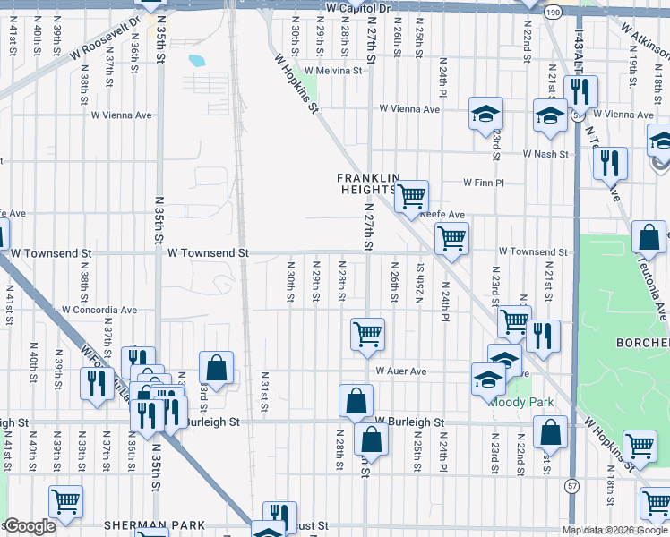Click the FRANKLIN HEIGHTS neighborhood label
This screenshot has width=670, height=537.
coord(366,183)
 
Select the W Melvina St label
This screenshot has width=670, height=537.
coord(332,70)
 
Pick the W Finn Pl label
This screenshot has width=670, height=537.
coord(484,183)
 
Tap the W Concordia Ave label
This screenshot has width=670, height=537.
coord(99,311)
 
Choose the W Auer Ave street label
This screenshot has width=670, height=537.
coord(401,371)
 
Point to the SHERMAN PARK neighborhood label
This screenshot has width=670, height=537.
coord(154,525)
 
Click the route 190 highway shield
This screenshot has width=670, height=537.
coord(553,12)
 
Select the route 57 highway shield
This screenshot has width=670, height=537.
coord(571,484)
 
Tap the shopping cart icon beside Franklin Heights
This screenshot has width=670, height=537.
coord(411,196)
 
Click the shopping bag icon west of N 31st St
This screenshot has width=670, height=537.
coord(216,367)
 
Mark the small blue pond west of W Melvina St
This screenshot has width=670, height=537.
coord(196,62)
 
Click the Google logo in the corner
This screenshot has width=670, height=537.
coord(30,526)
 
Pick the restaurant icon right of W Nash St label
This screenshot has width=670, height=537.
coord(609,163)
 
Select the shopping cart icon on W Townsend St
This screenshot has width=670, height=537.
coord(451,239)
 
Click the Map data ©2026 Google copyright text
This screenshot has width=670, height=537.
coord(614,530)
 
